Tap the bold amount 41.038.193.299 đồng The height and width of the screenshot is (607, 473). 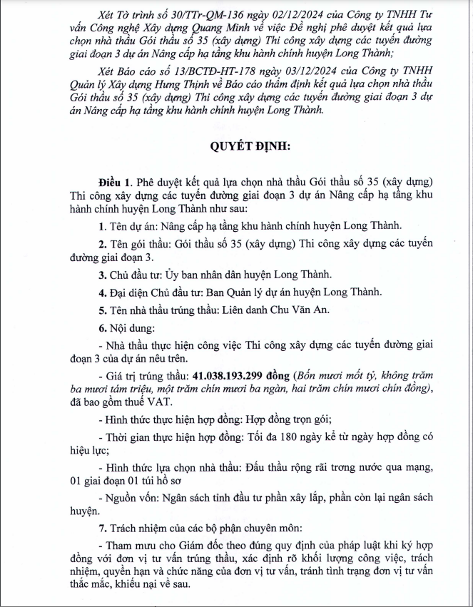[x=240, y=375]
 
